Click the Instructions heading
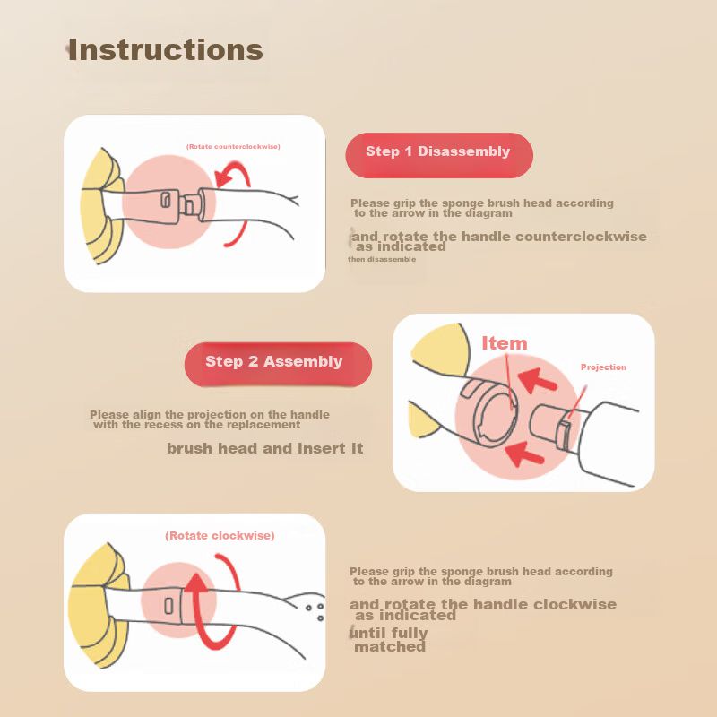pyautogui.click(x=165, y=49)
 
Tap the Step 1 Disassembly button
pyautogui.click(x=439, y=155)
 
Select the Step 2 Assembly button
pyautogui.click(x=278, y=365)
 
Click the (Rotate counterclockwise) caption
pyautogui.click(x=233, y=147)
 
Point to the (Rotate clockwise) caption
pyautogui.click(x=220, y=535)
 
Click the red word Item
pyautogui.click(x=505, y=343)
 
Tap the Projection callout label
pyautogui.click(x=603, y=367)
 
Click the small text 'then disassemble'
pyautogui.click(x=382, y=259)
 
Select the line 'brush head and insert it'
pyautogui.click(x=264, y=448)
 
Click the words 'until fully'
pyautogui.click(x=389, y=634)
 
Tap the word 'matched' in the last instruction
pyautogui.click(x=390, y=646)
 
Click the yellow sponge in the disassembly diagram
pyautogui.click(x=101, y=207)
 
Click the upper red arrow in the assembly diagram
pyautogui.click(x=538, y=380)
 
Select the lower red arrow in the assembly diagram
pyautogui.click(x=524, y=454)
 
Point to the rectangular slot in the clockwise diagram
pyautogui.click(x=168, y=606)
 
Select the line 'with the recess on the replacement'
pyautogui.click(x=197, y=425)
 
